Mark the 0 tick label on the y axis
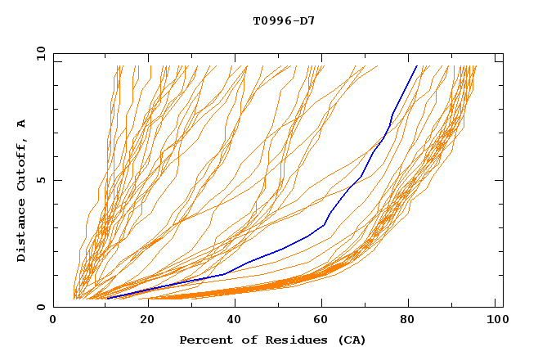(41, 307)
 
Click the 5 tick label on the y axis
(41, 180)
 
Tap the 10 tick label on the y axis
(39, 52)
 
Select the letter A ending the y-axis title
(22, 124)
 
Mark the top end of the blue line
(417, 65)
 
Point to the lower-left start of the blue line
(106, 299)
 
